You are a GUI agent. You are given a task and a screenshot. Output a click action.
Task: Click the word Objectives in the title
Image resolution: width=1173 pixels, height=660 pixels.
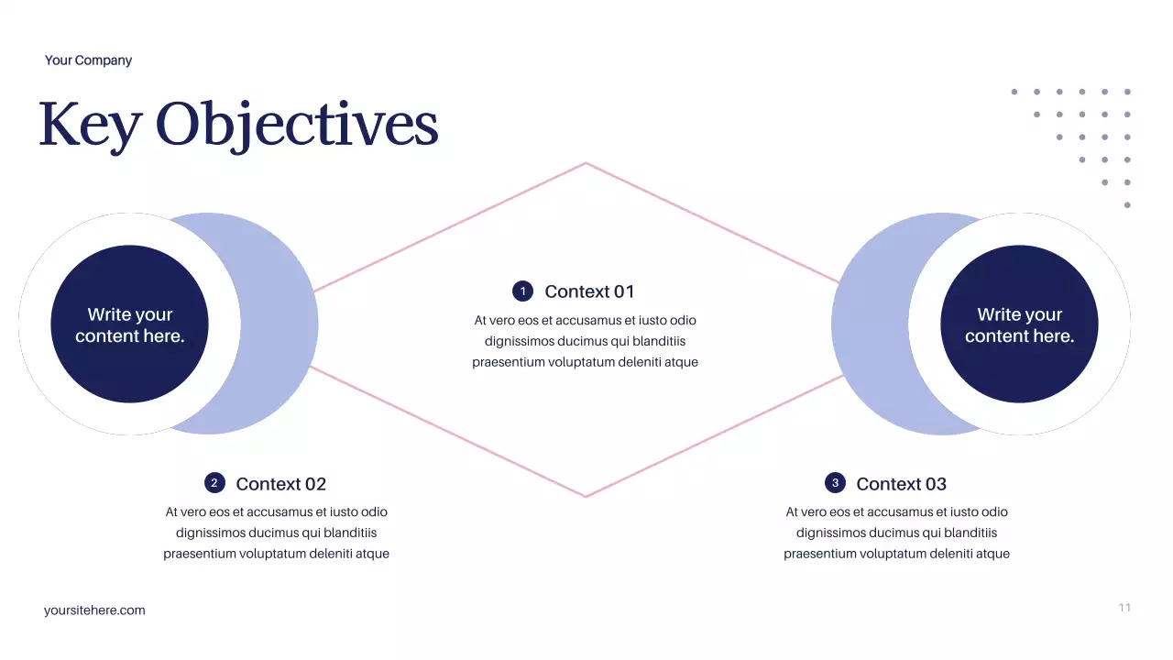click(x=297, y=126)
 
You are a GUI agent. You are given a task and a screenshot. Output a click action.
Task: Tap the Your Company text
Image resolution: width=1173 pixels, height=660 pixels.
click(x=88, y=60)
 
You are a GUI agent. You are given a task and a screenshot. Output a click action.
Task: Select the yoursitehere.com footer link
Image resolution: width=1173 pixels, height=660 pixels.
click(x=94, y=610)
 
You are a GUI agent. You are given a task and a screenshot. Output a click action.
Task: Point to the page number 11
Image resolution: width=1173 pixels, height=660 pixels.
click(x=1124, y=608)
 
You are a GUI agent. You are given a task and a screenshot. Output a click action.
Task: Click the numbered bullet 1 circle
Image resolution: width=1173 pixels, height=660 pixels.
click(x=522, y=291)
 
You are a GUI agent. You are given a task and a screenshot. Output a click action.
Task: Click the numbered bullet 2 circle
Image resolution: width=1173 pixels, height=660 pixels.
click(x=214, y=483)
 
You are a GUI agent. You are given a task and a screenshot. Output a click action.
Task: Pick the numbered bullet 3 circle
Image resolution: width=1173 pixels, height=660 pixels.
click(x=835, y=483)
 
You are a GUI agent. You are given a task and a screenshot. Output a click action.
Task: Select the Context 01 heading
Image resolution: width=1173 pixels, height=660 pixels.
click(x=589, y=291)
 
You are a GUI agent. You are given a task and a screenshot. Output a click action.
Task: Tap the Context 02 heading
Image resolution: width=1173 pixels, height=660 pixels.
click(x=280, y=484)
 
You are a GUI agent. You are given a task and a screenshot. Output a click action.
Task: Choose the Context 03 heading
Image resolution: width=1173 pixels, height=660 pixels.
click(x=901, y=484)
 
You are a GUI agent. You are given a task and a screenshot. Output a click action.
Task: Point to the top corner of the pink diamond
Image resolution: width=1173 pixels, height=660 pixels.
click(x=586, y=163)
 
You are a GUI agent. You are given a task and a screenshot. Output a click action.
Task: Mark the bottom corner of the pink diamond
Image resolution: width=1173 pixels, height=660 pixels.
click(x=586, y=497)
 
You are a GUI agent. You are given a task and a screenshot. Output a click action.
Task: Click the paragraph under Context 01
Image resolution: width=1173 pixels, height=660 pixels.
click(x=585, y=341)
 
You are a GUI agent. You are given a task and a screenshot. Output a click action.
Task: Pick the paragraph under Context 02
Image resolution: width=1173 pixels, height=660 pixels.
click(x=276, y=533)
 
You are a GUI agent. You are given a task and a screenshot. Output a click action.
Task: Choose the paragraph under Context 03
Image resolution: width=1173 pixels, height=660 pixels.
click(x=896, y=533)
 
